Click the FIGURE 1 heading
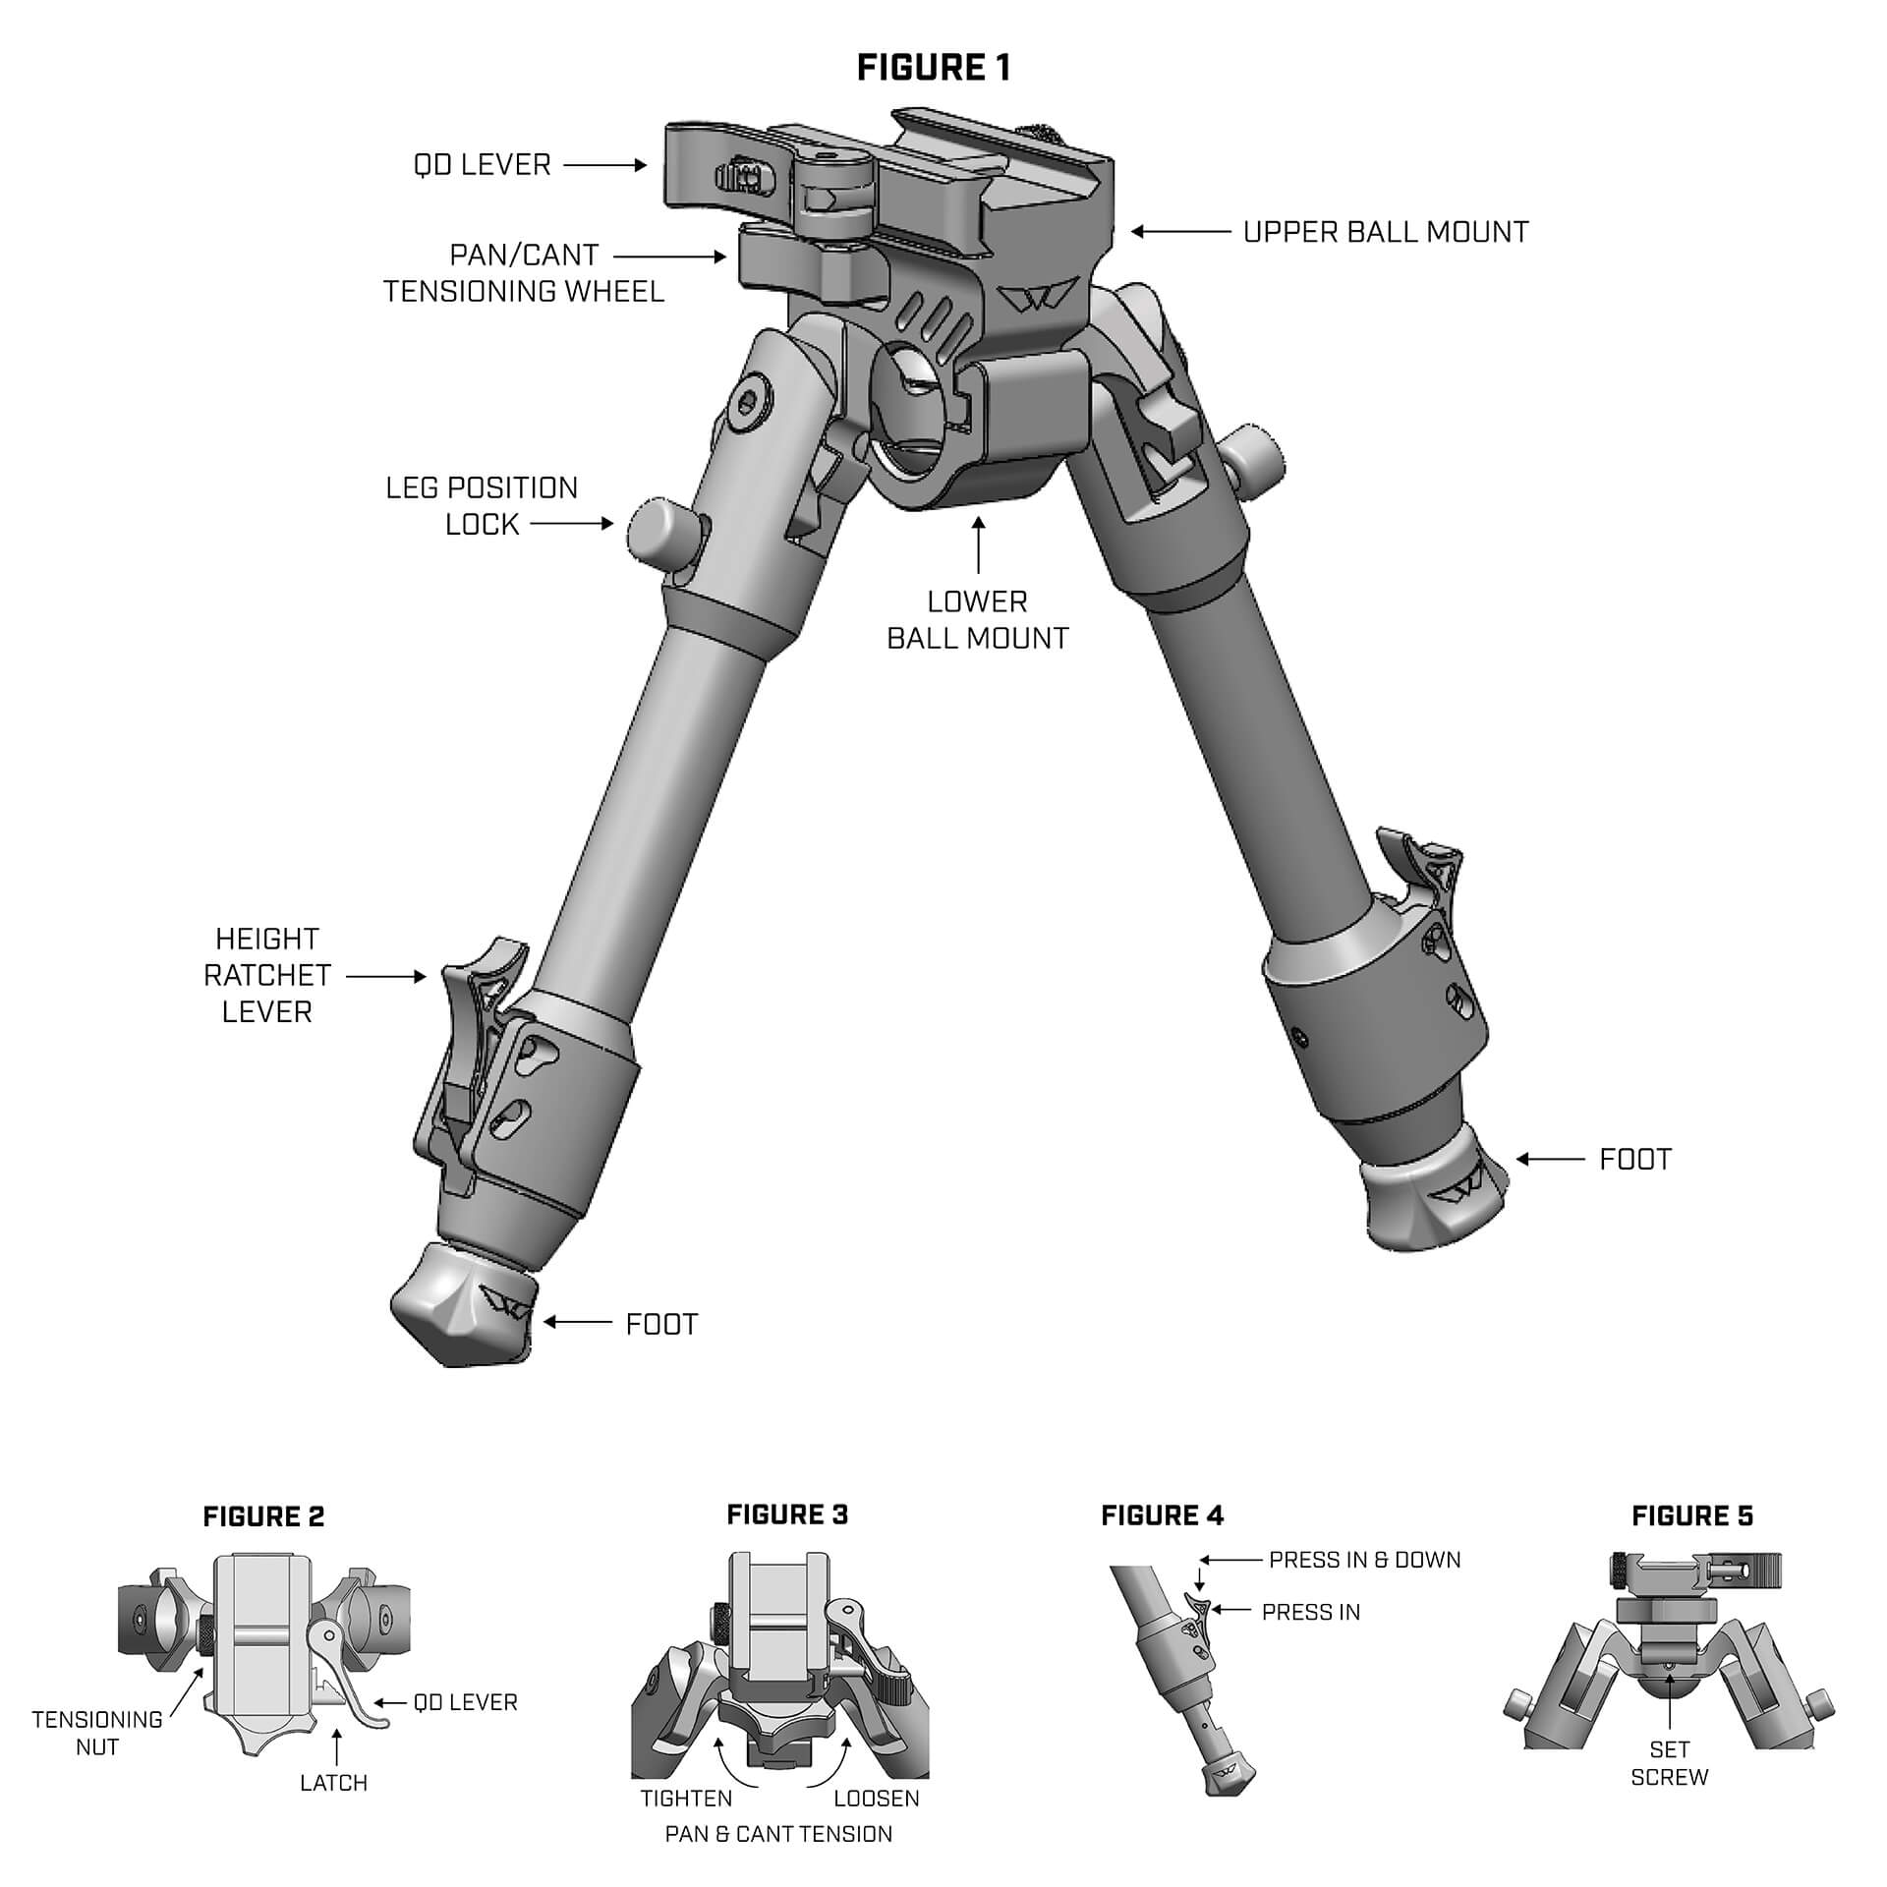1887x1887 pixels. [x=933, y=68]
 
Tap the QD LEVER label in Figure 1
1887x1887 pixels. [x=483, y=165]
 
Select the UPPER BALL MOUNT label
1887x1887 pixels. [x=1386, y=233]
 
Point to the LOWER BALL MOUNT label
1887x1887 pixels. [x=977, y=620]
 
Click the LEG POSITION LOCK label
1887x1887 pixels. [x=482, y=506]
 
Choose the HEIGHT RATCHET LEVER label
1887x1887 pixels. [x=266, y=975]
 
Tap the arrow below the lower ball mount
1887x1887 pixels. [x=978, y=545]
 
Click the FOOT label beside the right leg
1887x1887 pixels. [x=1635, y=1160]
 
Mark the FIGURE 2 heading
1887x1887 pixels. [x=263, y=1516]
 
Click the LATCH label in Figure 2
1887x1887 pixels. [x=334, y=1782]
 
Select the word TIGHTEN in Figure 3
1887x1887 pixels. [x=686, y=1799]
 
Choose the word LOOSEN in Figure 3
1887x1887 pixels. [x=877, y=1799]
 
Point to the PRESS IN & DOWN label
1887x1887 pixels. [x=1364, y=1560]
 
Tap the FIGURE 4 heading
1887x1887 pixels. [x=1162, y=1515]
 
